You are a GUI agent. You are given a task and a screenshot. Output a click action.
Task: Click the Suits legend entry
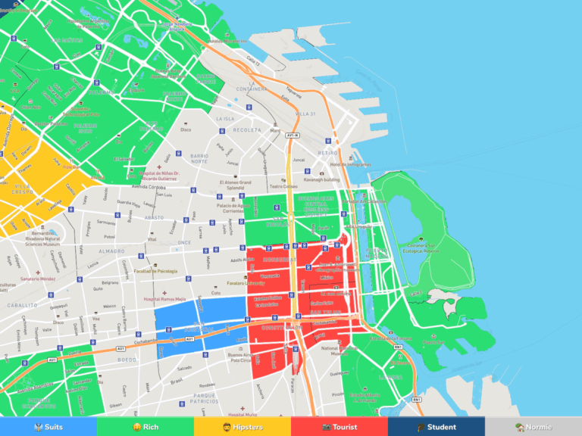tap(48, 427)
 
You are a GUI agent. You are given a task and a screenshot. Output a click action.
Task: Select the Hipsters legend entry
tap(242, 427)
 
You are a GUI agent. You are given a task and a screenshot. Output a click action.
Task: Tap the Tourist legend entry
tap(339, 427)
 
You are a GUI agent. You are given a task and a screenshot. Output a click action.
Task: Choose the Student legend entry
tap(436, 427)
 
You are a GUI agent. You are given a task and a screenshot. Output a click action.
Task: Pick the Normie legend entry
tap(533, 427)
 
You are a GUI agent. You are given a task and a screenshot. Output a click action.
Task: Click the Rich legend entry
tap(145, 427)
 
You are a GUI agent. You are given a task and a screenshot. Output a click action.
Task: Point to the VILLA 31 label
tap(305, 113)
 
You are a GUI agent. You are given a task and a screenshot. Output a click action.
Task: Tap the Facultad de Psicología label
tap(155, 270)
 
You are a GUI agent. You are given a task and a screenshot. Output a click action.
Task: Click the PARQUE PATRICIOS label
tap(205, 398)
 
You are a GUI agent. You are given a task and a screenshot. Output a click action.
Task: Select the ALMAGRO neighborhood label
tap(111, 251)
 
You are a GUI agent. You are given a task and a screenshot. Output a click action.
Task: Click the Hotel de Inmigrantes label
tap(349, 164)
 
